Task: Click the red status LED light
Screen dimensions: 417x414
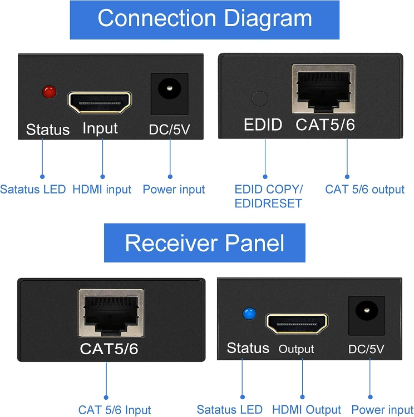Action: [x=50, y=92]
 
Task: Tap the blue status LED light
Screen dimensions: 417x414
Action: [x=248, y=314]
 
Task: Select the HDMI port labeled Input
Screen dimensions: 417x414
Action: [x=100, y=102]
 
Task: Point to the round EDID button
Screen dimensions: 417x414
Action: [x=260, y=98]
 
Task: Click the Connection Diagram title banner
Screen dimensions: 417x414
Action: [x=205, y=19]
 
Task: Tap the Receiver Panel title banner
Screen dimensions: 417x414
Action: [x=205, y=243]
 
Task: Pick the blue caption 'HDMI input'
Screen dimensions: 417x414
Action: [x=102, y=190]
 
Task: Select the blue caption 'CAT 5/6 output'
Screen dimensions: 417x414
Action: [x=365, y=190]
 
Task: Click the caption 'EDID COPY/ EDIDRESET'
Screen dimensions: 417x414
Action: [x=268, y=196]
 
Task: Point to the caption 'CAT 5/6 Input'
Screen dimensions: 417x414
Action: [x=115, y=410]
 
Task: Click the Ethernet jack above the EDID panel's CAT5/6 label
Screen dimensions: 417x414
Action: [x=323, y=89]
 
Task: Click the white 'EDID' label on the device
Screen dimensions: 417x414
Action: [x=263, y=125]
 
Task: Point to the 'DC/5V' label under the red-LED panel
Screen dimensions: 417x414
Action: [x=169, y=130]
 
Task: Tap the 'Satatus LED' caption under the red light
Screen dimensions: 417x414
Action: [x=33, y=190]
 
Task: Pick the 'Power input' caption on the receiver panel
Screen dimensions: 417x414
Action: [x=382, y=410]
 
